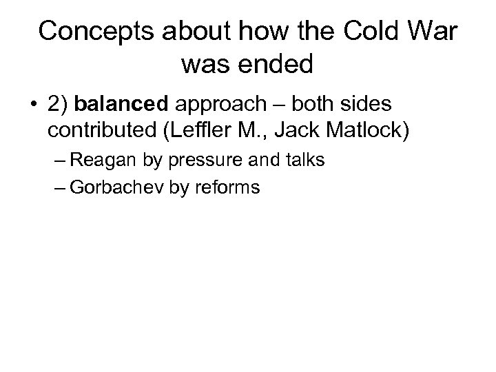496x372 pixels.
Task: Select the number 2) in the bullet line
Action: point(59,105)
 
